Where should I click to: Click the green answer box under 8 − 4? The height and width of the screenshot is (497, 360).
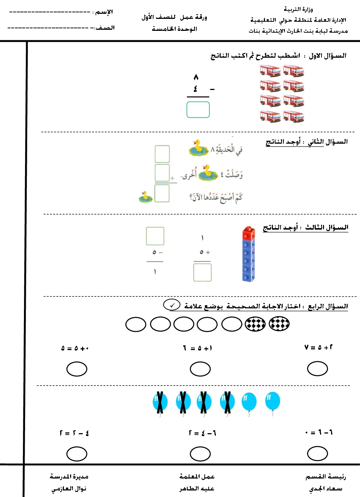(x=198, y=110)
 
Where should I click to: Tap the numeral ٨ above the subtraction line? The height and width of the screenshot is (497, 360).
(x=196, y=77)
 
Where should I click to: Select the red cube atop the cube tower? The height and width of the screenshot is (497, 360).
(x=249, y=233)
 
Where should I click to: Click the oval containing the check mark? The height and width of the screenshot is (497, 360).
(x=172, y=305)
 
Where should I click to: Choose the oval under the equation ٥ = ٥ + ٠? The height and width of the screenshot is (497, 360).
(x=77, y=369)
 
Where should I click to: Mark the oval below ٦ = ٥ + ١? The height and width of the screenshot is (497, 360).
(x=200, y=369)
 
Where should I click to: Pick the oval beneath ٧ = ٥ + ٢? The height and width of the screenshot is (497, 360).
(x=318, y=369)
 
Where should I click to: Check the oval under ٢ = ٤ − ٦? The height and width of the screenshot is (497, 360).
(x=200, y=454)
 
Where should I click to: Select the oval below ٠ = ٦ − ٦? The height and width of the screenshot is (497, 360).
(x=318, y=453)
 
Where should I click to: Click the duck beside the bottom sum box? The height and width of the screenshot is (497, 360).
(x=146, y=197)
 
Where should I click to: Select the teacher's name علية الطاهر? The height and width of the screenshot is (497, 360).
(x=197, y=489)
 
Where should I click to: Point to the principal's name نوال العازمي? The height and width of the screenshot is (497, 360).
(x=69, y=489)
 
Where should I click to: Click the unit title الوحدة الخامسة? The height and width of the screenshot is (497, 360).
(x=174, y=29)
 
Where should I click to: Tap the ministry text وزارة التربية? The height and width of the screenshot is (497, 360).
(x=298, y=9)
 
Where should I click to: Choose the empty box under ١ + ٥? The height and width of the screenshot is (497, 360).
(x=202, y=272)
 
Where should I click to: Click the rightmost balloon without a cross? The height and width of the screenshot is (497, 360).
(x=273, y=401)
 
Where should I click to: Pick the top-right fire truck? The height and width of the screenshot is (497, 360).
(x=294, y=71)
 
